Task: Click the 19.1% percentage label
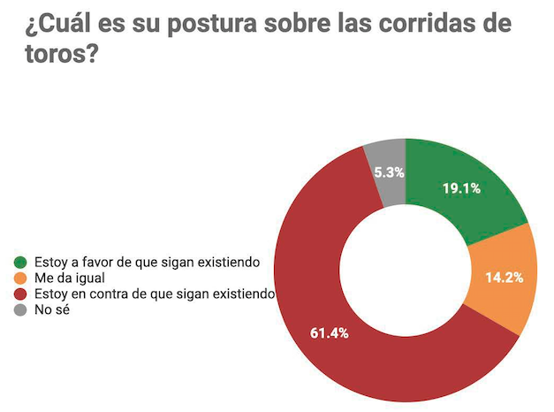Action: [460, 187]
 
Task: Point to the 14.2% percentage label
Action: [505, 278]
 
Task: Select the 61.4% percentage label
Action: [330, 333]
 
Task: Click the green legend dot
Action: [20, 263]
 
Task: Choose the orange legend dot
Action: [20, 278]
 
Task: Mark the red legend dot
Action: [20, 294]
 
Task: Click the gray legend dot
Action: [20, 310]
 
